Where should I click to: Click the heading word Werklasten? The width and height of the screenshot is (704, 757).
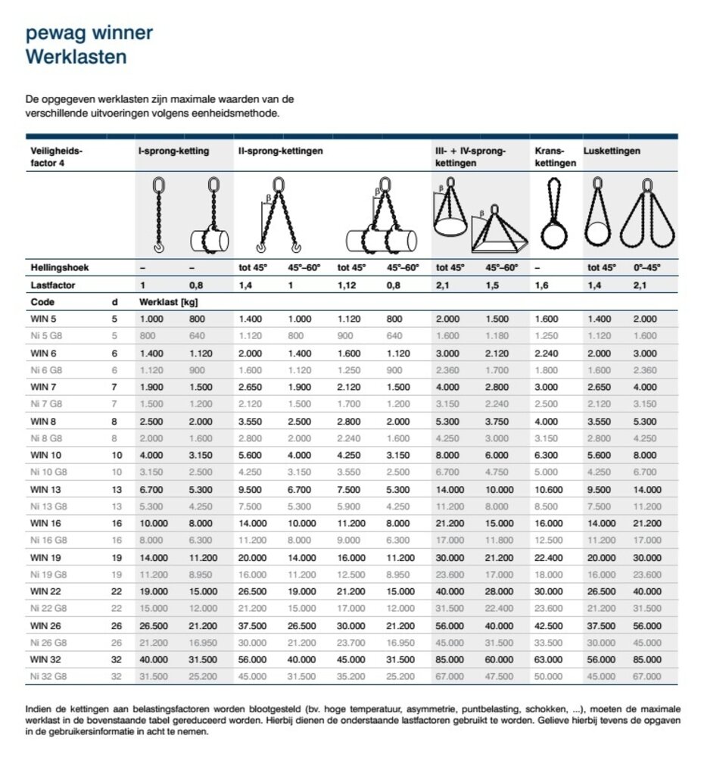pos(76,57)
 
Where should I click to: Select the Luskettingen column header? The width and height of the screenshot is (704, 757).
pos(612,151)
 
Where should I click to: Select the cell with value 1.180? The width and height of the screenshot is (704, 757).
pos(497,335)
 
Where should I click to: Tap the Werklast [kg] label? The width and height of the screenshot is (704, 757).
pos(166,302)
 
